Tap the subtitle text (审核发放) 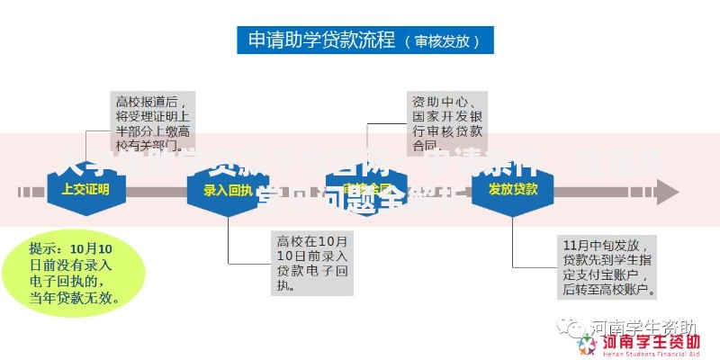pos(442,41)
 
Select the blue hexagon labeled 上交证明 pos(85,190)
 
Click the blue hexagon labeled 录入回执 pos(227,190)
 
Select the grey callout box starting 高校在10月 pos(312,264)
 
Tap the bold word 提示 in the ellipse pos(45,248)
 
